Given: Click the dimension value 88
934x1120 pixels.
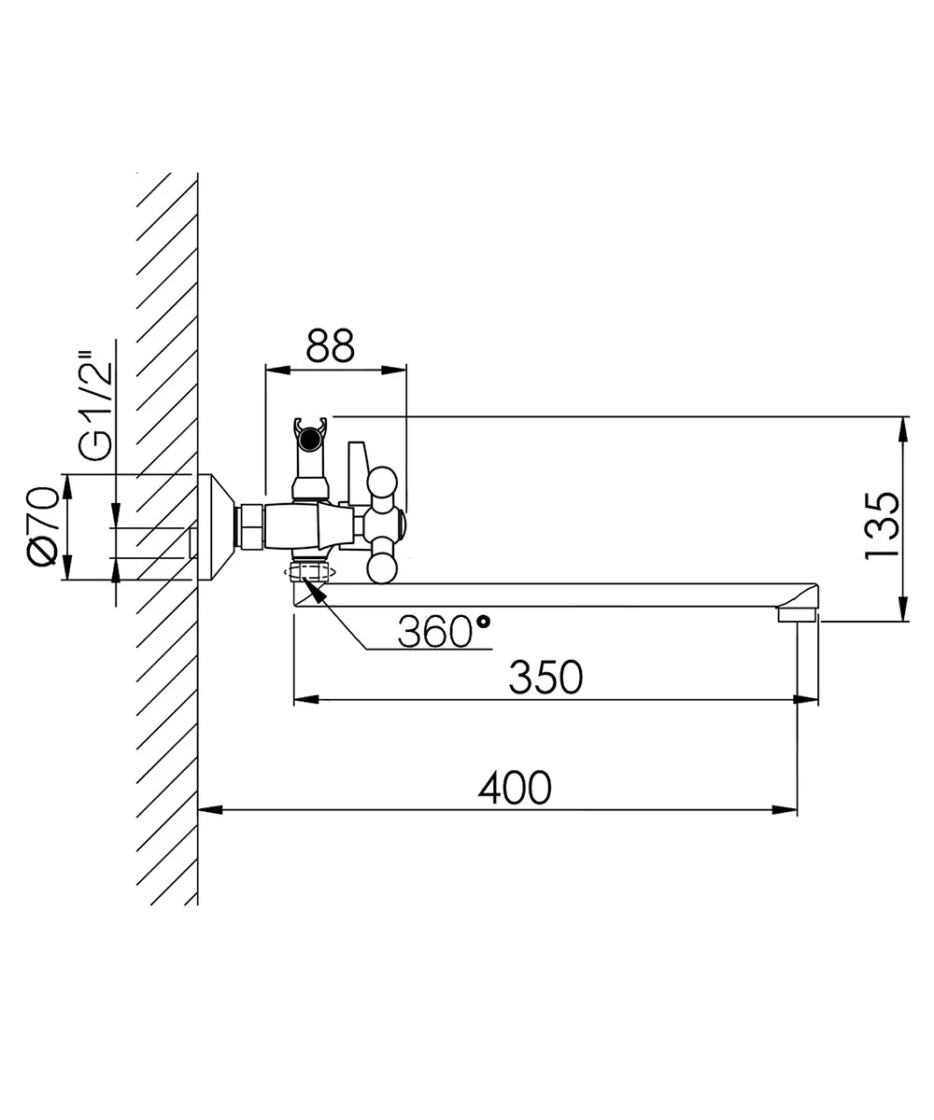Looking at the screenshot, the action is (330, 345).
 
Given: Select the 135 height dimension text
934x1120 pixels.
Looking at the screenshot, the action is (882, 526).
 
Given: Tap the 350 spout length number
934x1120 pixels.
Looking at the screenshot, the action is (545, 678).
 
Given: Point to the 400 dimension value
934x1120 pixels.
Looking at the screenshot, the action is (515, 788).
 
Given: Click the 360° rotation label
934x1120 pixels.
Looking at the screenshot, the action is (444, 632).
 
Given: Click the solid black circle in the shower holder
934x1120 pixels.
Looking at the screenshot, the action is (310, 441).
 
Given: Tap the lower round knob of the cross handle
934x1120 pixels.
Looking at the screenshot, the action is (382, 567).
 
